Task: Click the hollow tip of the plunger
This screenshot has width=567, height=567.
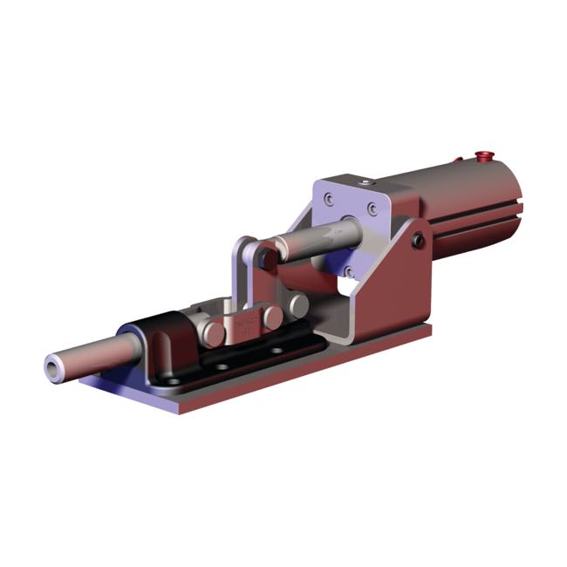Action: pos(56,370)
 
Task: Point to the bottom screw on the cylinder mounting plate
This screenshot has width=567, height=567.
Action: pos(349,271)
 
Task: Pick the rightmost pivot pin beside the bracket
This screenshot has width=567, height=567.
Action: pos(299,304)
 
